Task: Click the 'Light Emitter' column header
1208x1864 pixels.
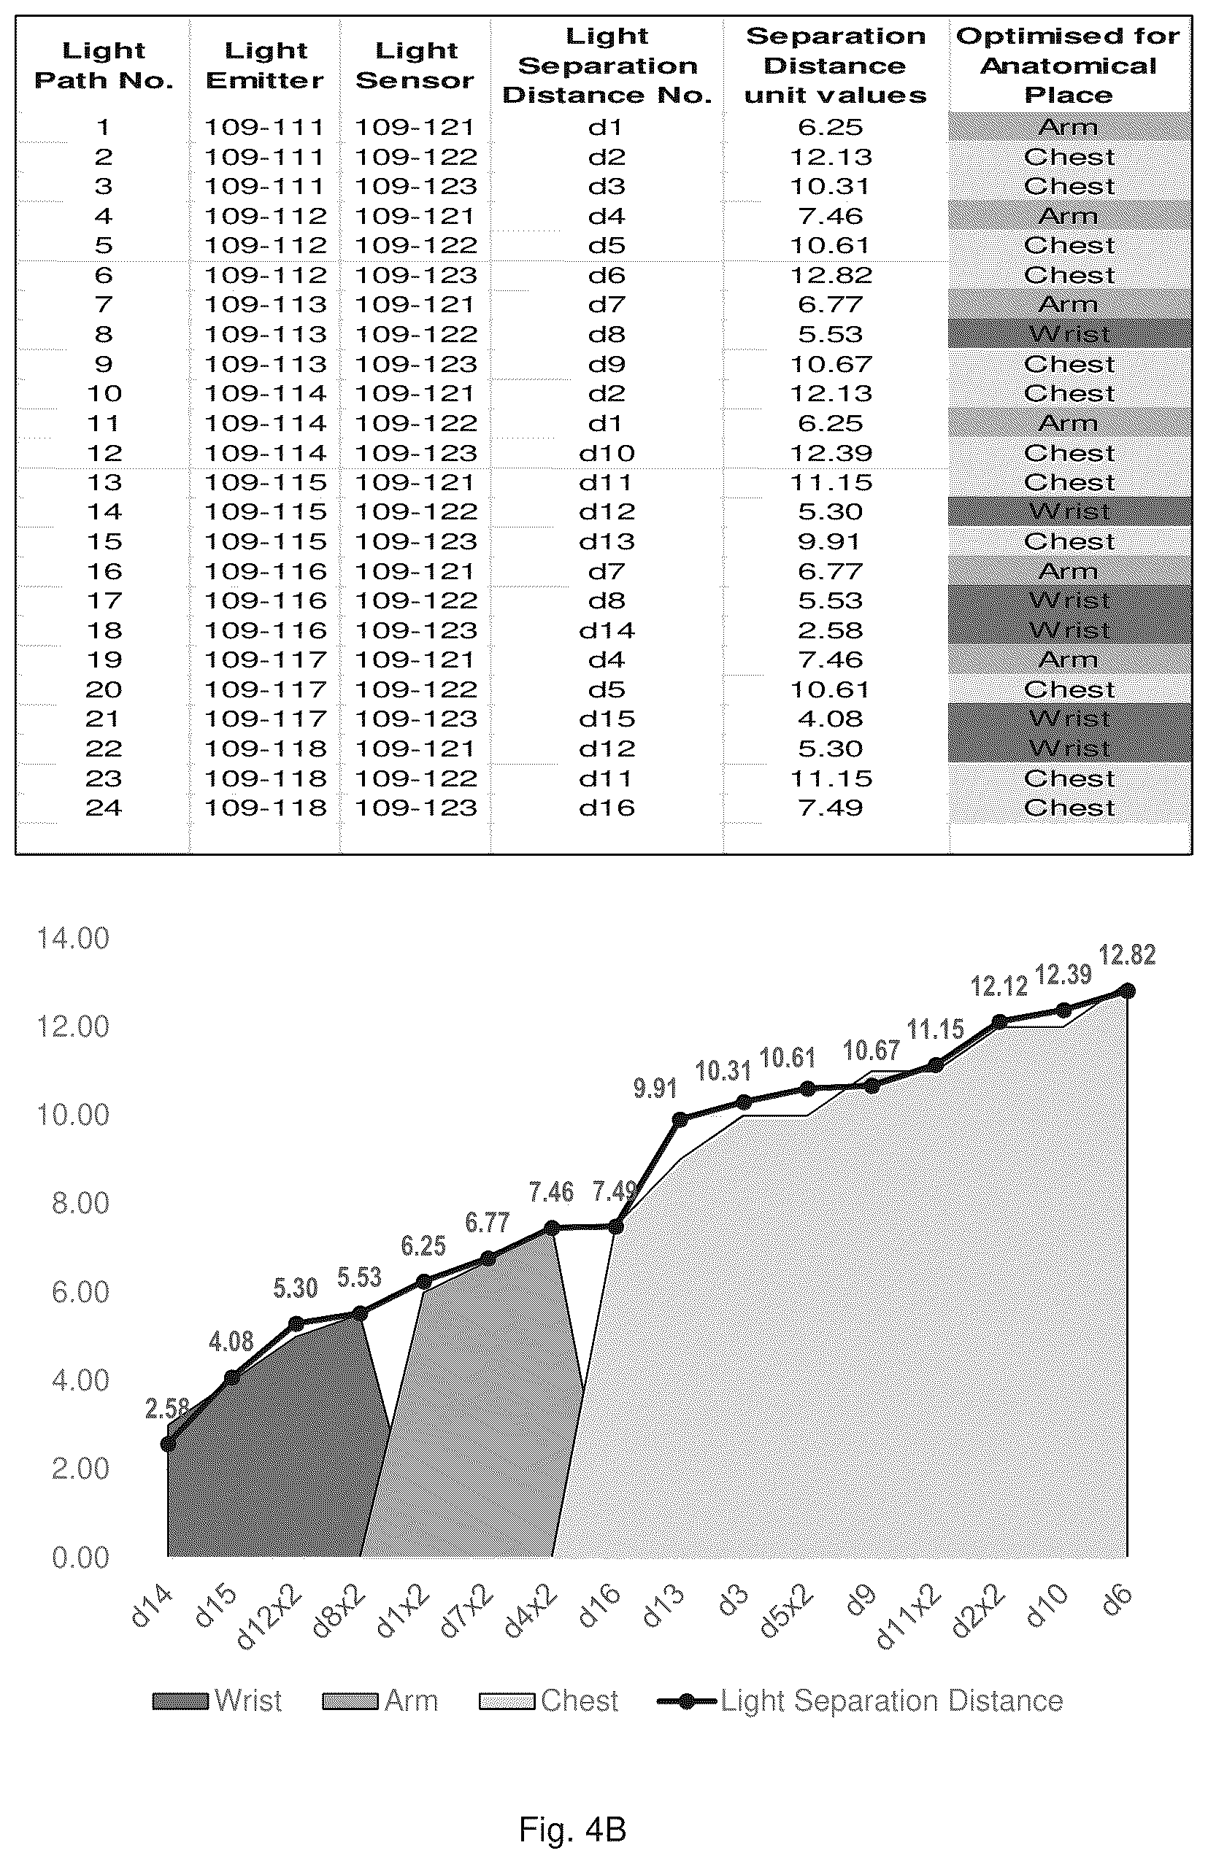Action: point(265,66)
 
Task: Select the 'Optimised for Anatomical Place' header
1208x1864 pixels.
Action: point(1069,66)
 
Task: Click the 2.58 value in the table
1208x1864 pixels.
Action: point(831,630)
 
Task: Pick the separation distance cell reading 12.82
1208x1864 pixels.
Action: point(831,276)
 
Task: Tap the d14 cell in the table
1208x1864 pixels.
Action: point(607,630)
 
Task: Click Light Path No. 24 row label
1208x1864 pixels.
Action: point(104,808)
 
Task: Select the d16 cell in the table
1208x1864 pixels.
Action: point(607,808)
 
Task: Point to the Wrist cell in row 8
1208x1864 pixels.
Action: point(1069,334)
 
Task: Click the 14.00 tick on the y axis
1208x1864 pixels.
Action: point(73,938)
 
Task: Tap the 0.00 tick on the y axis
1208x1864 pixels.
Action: point(80,1558)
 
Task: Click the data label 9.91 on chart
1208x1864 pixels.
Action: point(655,1088)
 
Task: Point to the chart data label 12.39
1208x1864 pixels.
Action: point(1063,974)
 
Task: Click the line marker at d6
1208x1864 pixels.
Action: point(1127,991)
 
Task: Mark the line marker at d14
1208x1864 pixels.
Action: point(168,1444)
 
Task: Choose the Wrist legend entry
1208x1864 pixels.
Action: point(217,1701)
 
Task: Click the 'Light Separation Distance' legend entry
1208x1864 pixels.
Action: point(859,1701)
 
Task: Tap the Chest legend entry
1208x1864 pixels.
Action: point(548,1701)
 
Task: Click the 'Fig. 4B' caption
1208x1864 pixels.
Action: point(573,1830)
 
